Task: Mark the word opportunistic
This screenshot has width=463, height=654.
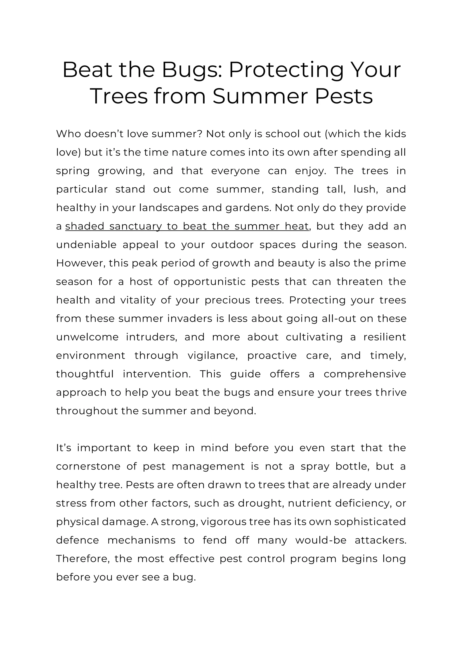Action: tap(210, 281)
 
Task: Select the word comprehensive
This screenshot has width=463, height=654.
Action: tap(365, 374)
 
